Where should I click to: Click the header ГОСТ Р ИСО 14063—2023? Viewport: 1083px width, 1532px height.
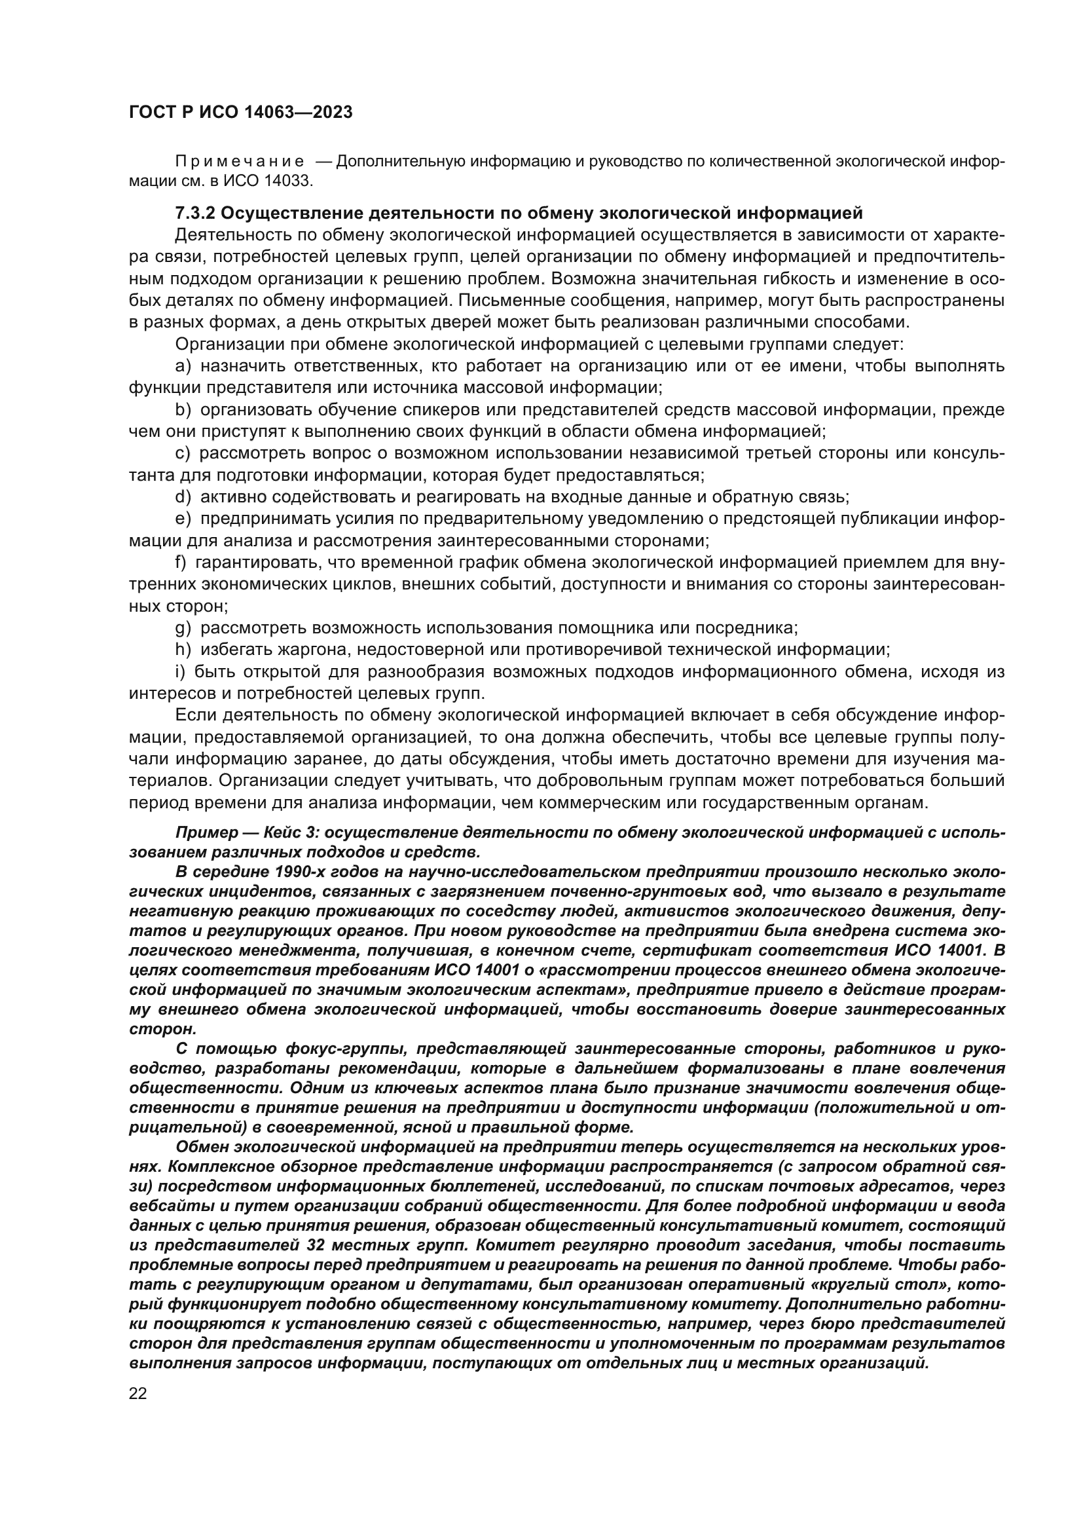click(x=240, y=113)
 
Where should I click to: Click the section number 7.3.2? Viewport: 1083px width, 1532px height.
click(x=194, y=214)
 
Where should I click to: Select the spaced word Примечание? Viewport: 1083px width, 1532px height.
click(x=240, y=162)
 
